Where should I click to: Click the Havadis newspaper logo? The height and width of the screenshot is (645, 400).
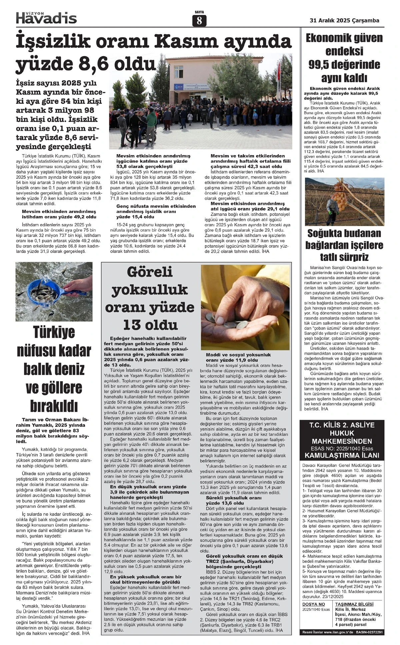[x=46, y=18]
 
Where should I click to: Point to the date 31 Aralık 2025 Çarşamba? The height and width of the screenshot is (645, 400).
[x=344, y=20]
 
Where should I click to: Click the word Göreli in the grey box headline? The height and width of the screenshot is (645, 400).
[x=150, y=272]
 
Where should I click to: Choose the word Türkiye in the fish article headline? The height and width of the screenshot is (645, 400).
[x=54, y=332]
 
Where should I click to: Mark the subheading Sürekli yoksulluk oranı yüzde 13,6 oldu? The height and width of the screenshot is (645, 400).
[x=234, y=500]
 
